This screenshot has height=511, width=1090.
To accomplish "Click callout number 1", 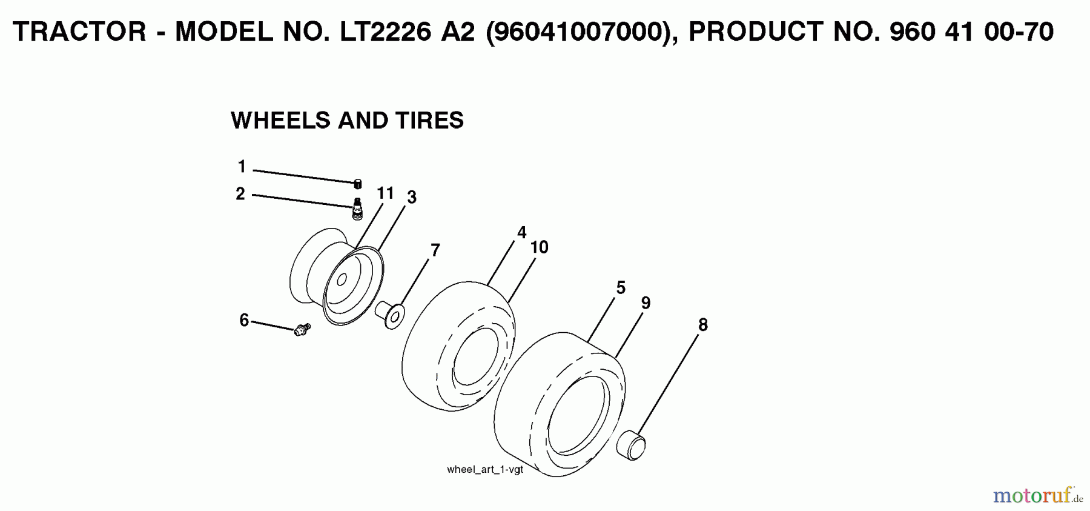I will (242, 166).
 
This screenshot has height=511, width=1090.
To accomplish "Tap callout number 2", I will (240, 194).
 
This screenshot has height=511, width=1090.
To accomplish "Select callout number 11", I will (385, 193).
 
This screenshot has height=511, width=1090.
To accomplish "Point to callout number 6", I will (244, 320).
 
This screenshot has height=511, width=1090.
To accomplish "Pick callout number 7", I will (435, 250).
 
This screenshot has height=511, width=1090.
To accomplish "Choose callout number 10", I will (539, 247).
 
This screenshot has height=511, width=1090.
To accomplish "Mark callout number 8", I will (702, 325).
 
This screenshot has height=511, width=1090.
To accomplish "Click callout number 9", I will (646, 302).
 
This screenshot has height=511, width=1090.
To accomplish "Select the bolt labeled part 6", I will (302, 329).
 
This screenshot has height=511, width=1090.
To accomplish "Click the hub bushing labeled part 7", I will (391, 313).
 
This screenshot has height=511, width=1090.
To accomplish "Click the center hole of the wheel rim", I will (342, 279).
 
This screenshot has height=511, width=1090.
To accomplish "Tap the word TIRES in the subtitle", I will (429, 120).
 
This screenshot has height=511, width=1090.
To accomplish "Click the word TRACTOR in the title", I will (79, 32).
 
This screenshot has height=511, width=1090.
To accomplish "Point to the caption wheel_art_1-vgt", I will (484, 469).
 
